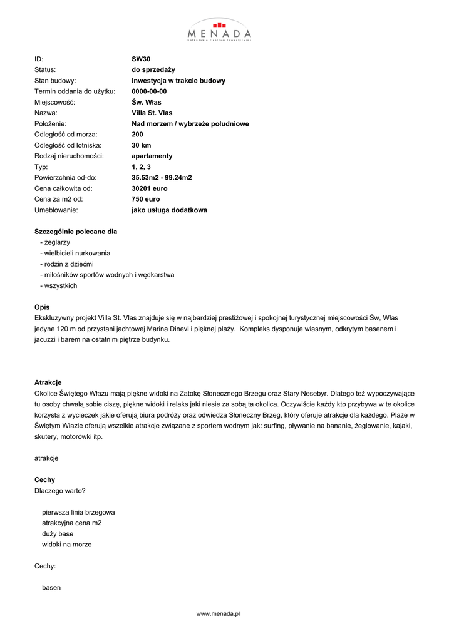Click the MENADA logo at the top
click(x=219, y=29)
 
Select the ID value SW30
click(x=141, y=59)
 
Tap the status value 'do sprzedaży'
click(x=153, y=70)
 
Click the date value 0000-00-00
click(x=149, y=91)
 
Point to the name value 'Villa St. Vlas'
click(x=152, y=113)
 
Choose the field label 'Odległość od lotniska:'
click(x=68, y=145)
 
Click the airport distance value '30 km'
click(x=142, y=145)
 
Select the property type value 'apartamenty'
click(x=152, y=156)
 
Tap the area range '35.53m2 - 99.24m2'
click(x=162, y=178)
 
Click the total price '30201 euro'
click(x=150, y=188)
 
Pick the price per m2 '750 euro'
click(x=145, y=199)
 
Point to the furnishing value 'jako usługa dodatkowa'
click(x=169, y=210)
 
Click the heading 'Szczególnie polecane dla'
click(x=76, y=232)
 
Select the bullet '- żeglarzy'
click(x=55, y=242)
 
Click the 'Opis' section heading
click(x=42, y=307)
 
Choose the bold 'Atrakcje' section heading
click(x=48, y=382)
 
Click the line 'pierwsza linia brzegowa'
click(x=78, y=512)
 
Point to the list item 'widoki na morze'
click(x=67, y=545)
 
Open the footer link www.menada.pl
click(x=219, y=614)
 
